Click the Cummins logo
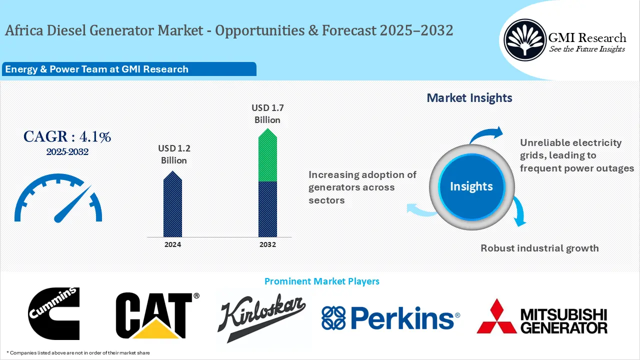click(54, 313)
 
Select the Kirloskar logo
click(262, 317)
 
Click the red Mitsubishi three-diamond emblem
click(496, 317)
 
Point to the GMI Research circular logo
click(524, 39)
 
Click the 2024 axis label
click(173, 244)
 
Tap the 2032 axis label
click(267, 244)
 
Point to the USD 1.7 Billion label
click(267, 113)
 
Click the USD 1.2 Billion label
click(174, 154)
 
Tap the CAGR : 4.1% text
click(67, 136)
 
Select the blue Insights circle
click(471, 186)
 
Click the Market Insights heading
click(469, 98)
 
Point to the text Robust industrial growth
click(539, 248)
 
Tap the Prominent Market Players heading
click(322, 281)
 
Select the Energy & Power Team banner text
click(96, 69)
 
